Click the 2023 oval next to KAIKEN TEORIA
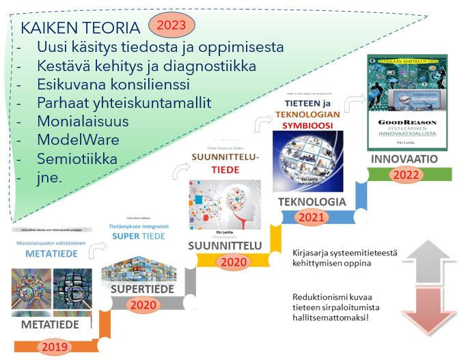click(171, 26)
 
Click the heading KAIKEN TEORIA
click(81, 29)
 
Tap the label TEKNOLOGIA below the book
click(312, 202)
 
